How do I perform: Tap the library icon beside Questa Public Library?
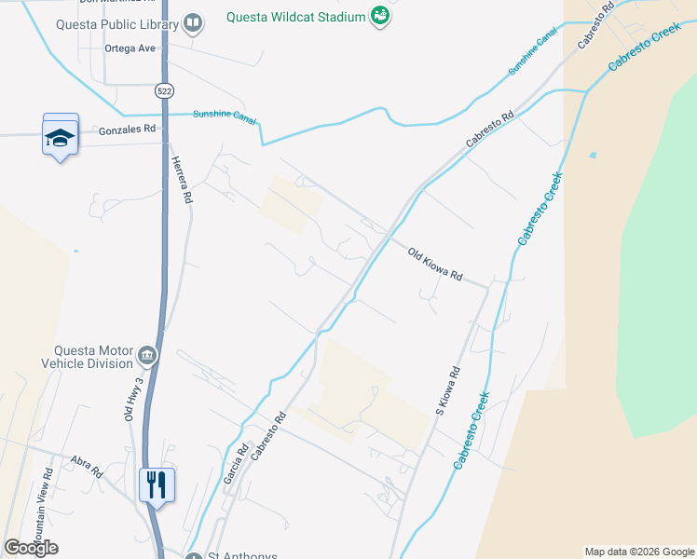click(x=193, y=22)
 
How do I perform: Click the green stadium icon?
click(x=379, y=16)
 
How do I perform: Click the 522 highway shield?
click(x=164, y=90)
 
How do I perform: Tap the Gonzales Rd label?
click(x=127, y=131)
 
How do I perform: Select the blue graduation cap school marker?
click(x=61, y=137)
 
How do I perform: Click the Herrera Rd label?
click(x=181, y=179)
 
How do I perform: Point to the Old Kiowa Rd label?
click(x=434, y=264)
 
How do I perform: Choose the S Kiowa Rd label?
click(x=447, y=391)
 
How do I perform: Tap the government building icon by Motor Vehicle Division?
click(x=147, y=355)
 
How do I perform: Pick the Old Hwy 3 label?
click(x=137, y=399)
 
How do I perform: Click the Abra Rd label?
click(x=86, y=466)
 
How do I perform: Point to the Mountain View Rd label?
click(x=43, y=513)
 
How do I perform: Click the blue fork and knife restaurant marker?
click(x=157, y=484)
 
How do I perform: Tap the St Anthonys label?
click(x=241, y=556)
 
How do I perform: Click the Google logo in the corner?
click(x=32, y=548)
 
